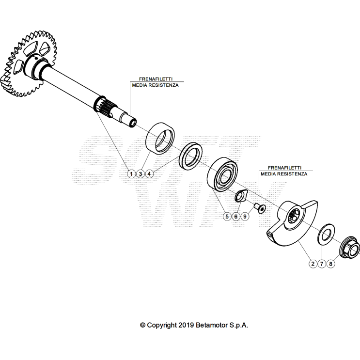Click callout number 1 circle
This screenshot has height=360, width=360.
tap(131, 173)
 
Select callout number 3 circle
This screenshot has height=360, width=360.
tap(141, 173)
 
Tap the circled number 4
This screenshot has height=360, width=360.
tap(150, 173)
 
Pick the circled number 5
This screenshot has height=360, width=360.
tap(227, 216)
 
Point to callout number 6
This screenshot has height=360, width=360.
tap(236, 216)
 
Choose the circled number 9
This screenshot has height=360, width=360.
tap(245, 216)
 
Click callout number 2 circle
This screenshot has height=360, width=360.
tap(313, 264)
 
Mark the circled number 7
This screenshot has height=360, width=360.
tap(322, 264)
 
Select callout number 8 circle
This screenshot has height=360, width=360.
tap(331, 264)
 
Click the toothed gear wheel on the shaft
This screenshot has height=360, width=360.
tap(24, 63)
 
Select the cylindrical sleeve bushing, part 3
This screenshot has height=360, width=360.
tap(161, 137)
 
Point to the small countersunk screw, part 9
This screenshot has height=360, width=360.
tap(261, 208)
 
